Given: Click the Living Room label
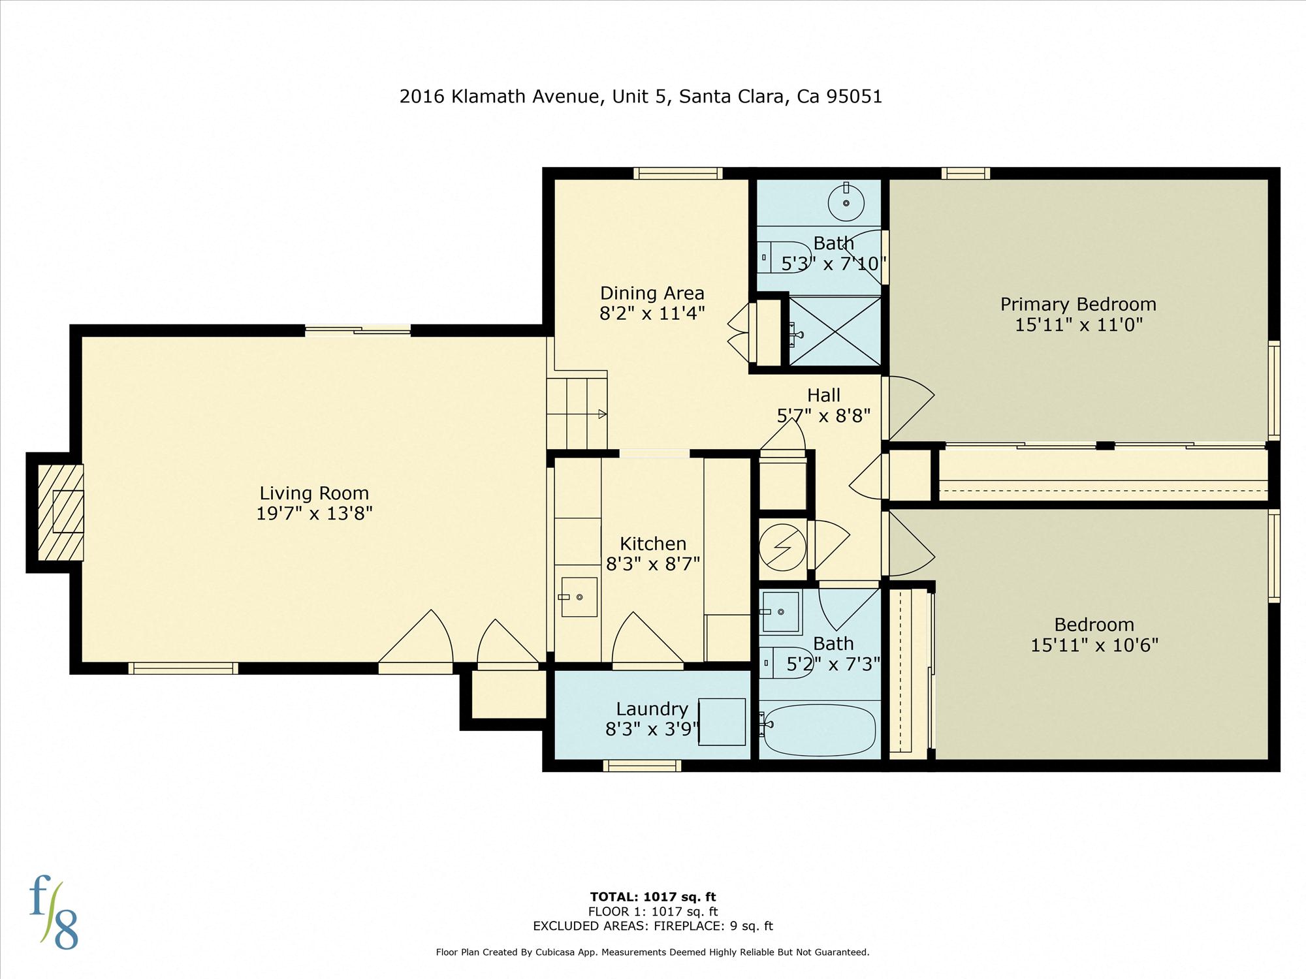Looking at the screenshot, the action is tap(314, 493).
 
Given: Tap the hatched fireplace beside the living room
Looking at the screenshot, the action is tap(61, 512).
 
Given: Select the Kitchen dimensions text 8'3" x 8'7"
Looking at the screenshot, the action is tap(653, 563).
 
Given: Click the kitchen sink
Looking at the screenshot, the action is tap(579, 597).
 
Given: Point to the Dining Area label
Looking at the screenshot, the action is tap(652, 293).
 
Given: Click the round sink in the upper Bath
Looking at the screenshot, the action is tap(846, 202).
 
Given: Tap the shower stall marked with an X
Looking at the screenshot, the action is tap(835, 330).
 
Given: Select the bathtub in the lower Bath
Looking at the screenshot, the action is tap(820, 730).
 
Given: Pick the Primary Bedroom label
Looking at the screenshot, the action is tap(1078, 304).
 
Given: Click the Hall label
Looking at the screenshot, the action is tap(823, 395).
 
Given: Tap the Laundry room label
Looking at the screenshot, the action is tap(652, 709).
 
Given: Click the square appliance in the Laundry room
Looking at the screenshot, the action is tap(722, 722).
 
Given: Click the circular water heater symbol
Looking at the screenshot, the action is tap(782, 547).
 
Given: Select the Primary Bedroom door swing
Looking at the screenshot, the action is tap(908, 409).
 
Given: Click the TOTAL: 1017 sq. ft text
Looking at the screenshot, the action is tap(653, 897).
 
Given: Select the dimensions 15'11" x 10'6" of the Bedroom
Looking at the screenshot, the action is tap(1094, 645).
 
